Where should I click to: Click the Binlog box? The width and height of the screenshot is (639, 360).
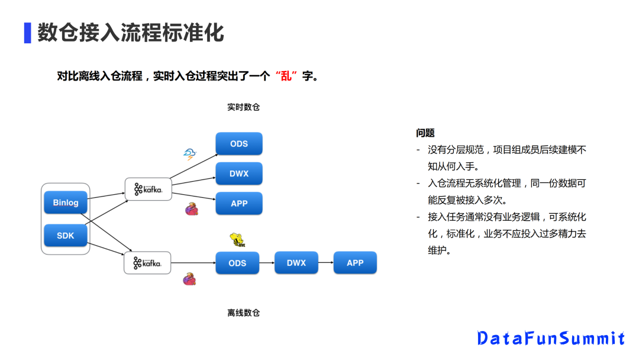pos(66,202)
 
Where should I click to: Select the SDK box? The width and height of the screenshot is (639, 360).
pos(66,236)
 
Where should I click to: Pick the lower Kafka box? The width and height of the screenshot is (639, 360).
pos(147,263)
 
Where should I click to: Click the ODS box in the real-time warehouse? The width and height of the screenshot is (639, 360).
pos(238,144)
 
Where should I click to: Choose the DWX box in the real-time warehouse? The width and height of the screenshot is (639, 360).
pos(238,173)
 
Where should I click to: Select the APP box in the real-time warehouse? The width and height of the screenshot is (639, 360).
pos(238,203)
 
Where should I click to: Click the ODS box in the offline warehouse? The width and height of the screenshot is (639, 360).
pos(237,263)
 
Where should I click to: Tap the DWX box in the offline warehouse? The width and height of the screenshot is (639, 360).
pos(296,263)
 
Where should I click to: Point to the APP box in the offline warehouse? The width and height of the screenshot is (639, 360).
pos(355,263)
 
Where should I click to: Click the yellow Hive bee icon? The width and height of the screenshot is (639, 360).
pos(237,240)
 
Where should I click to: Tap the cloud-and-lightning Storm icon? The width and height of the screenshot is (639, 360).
pos(189,155)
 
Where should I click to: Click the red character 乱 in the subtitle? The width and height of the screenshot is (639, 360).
pos(286,76)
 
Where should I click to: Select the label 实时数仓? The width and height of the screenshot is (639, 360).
pos(243,107)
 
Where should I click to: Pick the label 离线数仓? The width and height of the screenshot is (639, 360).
pos(243,313)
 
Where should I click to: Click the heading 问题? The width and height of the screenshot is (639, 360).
pos(425,133)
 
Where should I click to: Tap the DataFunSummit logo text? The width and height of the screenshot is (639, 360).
pos(551,338)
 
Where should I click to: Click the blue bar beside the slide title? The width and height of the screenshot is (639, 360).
pos(27,33)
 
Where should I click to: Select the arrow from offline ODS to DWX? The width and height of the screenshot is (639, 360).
pos(267,263)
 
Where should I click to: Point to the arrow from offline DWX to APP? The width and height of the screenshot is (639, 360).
pos(325,263)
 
